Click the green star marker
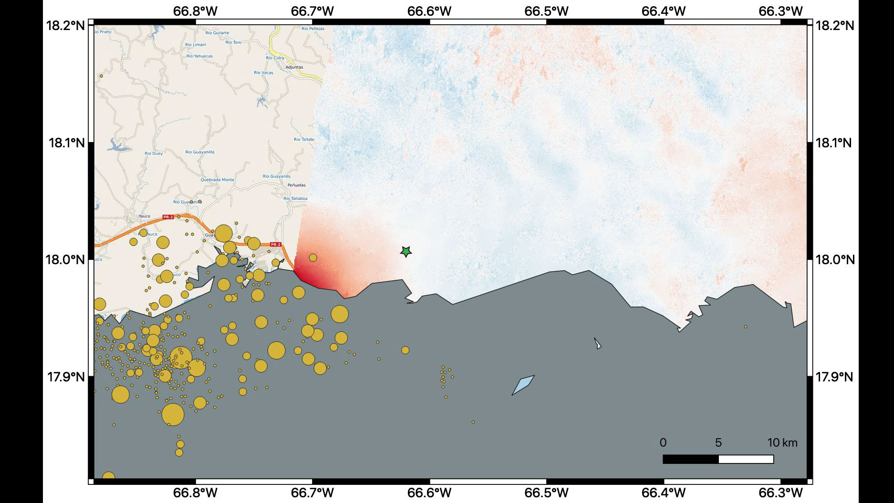tap(405, 251)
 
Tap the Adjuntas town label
tap(294, 67)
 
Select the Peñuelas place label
tap(297, 185)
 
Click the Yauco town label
tap(144, 216)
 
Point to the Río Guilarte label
tap(217, 33)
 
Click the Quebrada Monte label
tap(217, 180)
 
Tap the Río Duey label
tap(154, 154)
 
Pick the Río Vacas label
tap(264, 73)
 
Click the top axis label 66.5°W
tap(546, 11)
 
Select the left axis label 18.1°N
tap(66, 143)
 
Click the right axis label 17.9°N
tap(833, 377)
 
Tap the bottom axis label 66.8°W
tap(195, 493)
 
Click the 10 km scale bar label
tap(782, 443)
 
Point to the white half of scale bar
tap(746, 459)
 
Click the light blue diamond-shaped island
tap(523, 385)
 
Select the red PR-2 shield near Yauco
tap(168, 217)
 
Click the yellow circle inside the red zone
tap(313, 257)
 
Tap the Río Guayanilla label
tap(200, 152)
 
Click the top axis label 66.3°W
tap(780, 11)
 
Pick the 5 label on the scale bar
tap(718, 443)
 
